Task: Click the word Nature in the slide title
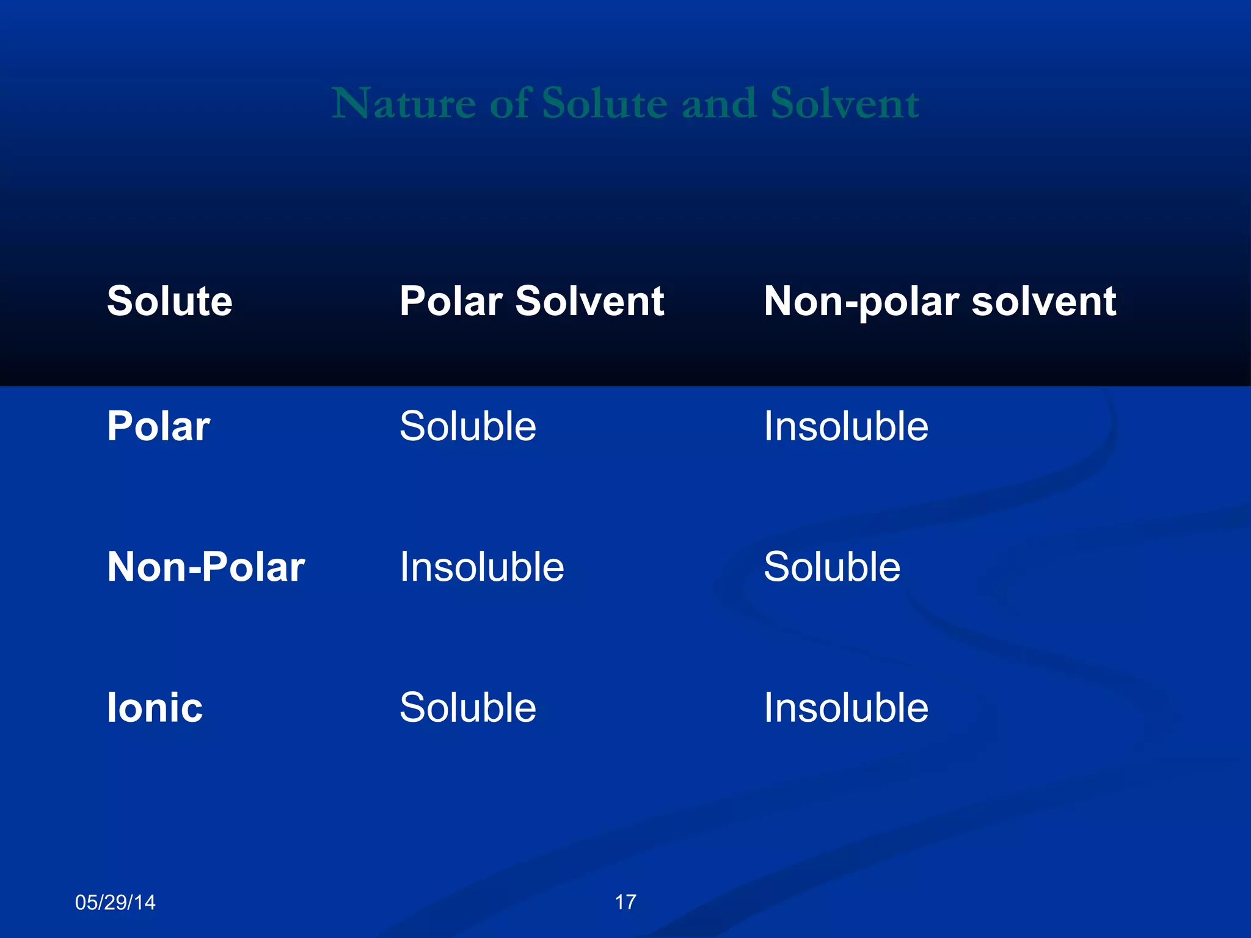(403, 103)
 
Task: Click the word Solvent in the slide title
(844, 103)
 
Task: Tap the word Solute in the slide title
(604, 103)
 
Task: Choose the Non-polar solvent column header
(939, 302)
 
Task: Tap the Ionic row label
(155, 708)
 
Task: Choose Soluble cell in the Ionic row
(468, 708)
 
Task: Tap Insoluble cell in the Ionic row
(846, 708)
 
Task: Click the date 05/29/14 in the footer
(115, 902)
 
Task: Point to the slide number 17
(625, 902)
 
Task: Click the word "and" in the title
(718, 103)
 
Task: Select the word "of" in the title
(511, 103)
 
